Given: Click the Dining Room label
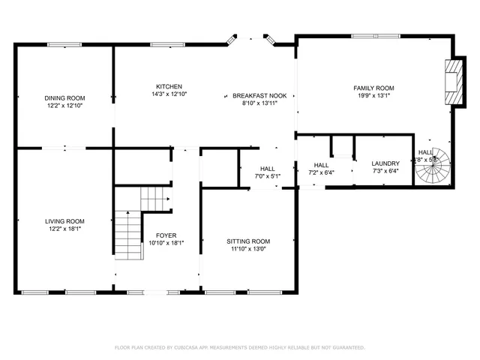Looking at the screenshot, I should pyautogui.click(x=64, y=98).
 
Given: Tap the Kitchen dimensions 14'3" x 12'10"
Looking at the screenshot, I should pyautogui.click(x=169, y=94).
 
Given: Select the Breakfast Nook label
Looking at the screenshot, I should pyautogui.click(x=259, y=96).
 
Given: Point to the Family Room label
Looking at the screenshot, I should pyautogui.click(x=373, y=88).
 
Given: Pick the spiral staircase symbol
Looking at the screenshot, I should pyautogui.click(x=433, y=169).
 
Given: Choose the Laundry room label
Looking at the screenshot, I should pyautogui.click(x=385, y=163).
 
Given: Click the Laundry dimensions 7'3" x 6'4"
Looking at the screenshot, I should pyautogui.click(x=385, y=171).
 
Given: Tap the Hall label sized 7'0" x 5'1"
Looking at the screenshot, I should pyautogui.click(x=267, y=169).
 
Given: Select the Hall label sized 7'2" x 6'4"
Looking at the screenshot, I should pyautogui.click(x=321, y=165).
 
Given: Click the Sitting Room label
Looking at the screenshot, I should pyautogui.click(x=248, y=241).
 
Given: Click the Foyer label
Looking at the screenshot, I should pyautogui.click(x=166, y=235).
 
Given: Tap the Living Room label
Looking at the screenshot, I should pyautogui.click(x=64, y=221).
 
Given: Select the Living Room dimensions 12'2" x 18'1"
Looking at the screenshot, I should pyautogui.click(x=64, y=229).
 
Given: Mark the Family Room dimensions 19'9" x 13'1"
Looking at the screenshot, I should pyautogui.click(x=373, y=95).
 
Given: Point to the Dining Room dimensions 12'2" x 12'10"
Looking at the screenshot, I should pyautogui.click(x=64, y=106).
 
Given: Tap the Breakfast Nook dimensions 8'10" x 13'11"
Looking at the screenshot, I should pyautogui.click(x=259, y=103).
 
